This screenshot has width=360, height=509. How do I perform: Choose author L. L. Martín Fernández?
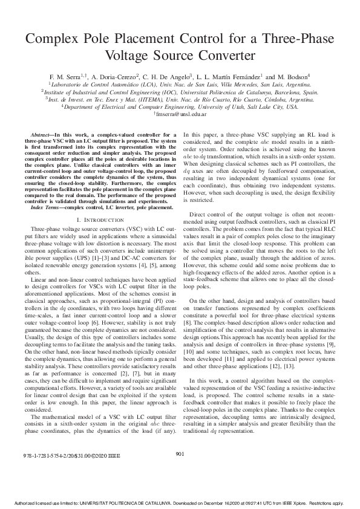pos(229,77)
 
